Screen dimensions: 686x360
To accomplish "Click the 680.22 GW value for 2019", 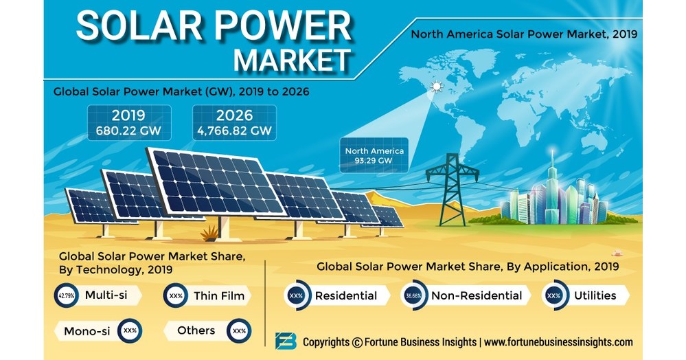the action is tap(128, 130).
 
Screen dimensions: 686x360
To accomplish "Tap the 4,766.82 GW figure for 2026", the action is tap(234, 131).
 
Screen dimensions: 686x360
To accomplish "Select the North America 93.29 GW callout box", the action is tap(374, 155).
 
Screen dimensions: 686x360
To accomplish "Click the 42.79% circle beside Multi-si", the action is tap(67, 295).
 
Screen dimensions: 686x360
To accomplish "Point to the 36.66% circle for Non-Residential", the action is tap(413, 295).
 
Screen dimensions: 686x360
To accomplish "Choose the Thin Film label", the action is tap(219, 295).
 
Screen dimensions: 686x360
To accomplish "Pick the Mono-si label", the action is tap(87, 331).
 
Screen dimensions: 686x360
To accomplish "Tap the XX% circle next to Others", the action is tap(240, 330).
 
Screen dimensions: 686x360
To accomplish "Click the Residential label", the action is tap(345, 295).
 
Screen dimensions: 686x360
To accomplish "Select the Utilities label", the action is tap(595, 295).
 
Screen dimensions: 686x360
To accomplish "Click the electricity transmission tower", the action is tap(453, 189).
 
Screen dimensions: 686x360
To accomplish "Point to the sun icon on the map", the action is tap(436, 87).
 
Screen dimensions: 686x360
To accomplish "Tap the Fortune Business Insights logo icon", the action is tap(286, 341).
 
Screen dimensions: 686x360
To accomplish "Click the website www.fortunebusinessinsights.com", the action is tap(558, 342).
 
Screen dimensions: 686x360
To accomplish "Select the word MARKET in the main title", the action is tap(293, 60).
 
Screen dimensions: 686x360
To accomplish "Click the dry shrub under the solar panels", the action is tap(209, 233).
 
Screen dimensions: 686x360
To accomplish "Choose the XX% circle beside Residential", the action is tap(296, 295).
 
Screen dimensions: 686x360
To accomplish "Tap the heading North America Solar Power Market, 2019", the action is tap(524, 34).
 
